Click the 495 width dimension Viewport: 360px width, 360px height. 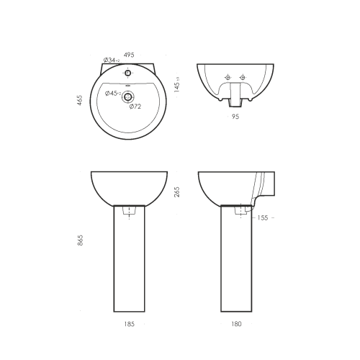[129, 55]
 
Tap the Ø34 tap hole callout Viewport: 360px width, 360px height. [112, 60]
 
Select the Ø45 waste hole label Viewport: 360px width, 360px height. [113, 94]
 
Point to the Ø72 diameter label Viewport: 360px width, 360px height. [135, 107]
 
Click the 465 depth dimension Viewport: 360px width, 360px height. [80, 100]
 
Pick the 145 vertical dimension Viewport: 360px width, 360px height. [177, 85]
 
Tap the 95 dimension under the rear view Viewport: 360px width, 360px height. [235, 117]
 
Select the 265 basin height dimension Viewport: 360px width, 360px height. [177, 192]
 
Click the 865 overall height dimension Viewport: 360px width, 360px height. [80, 240]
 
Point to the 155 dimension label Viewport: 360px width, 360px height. [262, 217]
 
